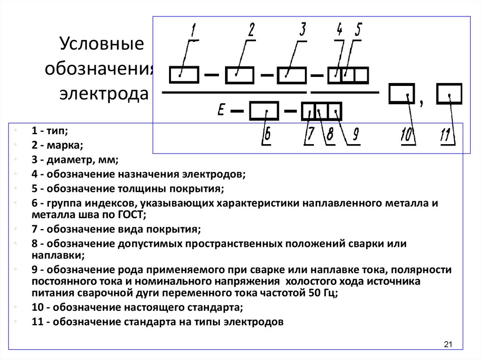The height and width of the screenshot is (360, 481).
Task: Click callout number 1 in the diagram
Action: (x=193, y=31)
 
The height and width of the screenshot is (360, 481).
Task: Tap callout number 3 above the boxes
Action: (x=303, y=30)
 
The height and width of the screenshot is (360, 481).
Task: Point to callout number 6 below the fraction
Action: (x=267, y=134)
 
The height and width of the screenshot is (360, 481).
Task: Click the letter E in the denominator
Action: (x=221, y=109)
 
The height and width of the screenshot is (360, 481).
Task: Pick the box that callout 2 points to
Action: (x=240, y=75)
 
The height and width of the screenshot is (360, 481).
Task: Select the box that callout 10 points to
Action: (x=402, y=93)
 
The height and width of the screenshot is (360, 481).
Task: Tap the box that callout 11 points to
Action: (x=449, y=93)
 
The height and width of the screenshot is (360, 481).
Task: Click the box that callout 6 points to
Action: (x=264, y=111)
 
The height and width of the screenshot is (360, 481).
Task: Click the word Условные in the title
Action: (x=101, y=44)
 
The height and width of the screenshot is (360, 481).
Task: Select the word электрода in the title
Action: (x=104, y=94)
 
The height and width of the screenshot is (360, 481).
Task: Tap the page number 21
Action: (x=448, y=345)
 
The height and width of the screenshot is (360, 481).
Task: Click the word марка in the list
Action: (x=64, y=145)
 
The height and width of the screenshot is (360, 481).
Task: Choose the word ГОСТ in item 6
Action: (x=132, y=214)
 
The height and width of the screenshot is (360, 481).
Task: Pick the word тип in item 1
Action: (x=57, y=130)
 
